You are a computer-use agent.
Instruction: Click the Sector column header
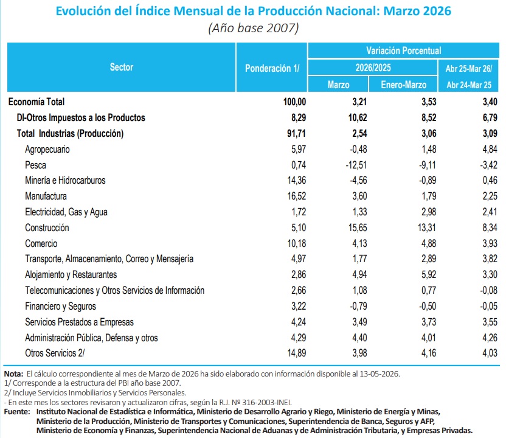[122, 67]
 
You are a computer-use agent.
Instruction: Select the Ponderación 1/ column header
[272, 68]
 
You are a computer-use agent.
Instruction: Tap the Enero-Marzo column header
[403, 85]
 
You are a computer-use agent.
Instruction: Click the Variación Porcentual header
[403, 50]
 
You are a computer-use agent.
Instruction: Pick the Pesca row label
[35, 165]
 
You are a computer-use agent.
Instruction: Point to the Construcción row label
[47, 228]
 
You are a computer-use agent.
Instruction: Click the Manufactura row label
[46, 196]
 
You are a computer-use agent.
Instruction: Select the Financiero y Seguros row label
[60, 306]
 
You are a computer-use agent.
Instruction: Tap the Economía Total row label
[36, 102]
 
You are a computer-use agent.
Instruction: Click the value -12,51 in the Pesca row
[356, 165]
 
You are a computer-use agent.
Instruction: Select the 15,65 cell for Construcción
[358, 228]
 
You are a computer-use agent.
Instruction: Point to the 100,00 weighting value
[294, 102]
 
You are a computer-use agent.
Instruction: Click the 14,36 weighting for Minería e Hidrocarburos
[297, 180]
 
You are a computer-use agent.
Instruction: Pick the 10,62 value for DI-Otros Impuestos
[358, 117]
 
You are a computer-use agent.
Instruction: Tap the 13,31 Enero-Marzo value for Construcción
[426, 228]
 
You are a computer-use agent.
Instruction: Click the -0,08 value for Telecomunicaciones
[488, 290]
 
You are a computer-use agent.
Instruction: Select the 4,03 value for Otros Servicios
[490, 353]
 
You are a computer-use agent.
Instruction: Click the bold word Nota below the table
[13, 374]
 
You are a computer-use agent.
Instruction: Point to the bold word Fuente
[17, 411]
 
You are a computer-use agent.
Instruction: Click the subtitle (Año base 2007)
[254, 28]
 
